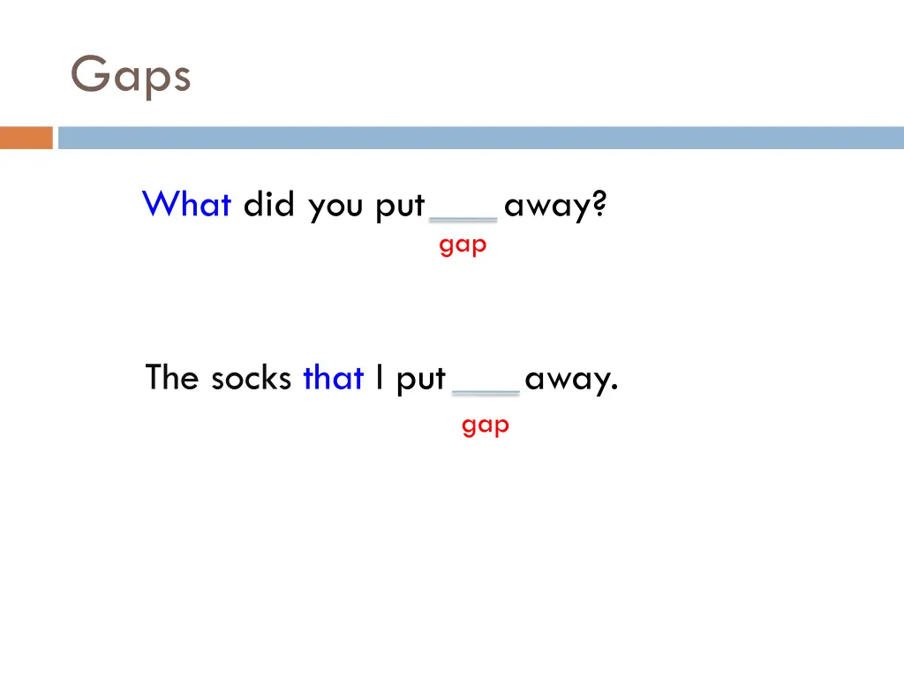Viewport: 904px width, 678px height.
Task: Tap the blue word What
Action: coord(186,205)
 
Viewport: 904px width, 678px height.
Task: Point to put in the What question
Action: coord(400,207)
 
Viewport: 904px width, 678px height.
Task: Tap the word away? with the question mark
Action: coord(555,207)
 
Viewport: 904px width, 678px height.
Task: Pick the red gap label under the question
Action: coord(463,245)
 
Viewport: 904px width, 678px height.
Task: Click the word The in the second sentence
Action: coord(172,378)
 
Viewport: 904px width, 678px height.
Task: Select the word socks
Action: coord(251,378)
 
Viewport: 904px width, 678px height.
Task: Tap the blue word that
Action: coord(333,378)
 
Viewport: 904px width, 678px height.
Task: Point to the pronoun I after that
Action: coord(379,378)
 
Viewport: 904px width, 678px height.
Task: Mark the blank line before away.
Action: coord(486,392)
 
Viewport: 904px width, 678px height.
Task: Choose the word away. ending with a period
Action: coord(571,380)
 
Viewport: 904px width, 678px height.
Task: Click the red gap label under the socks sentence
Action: coord(485,426)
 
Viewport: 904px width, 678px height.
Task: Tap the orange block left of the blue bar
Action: coord(26,138)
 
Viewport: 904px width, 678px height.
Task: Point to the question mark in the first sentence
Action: coord(599,205)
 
